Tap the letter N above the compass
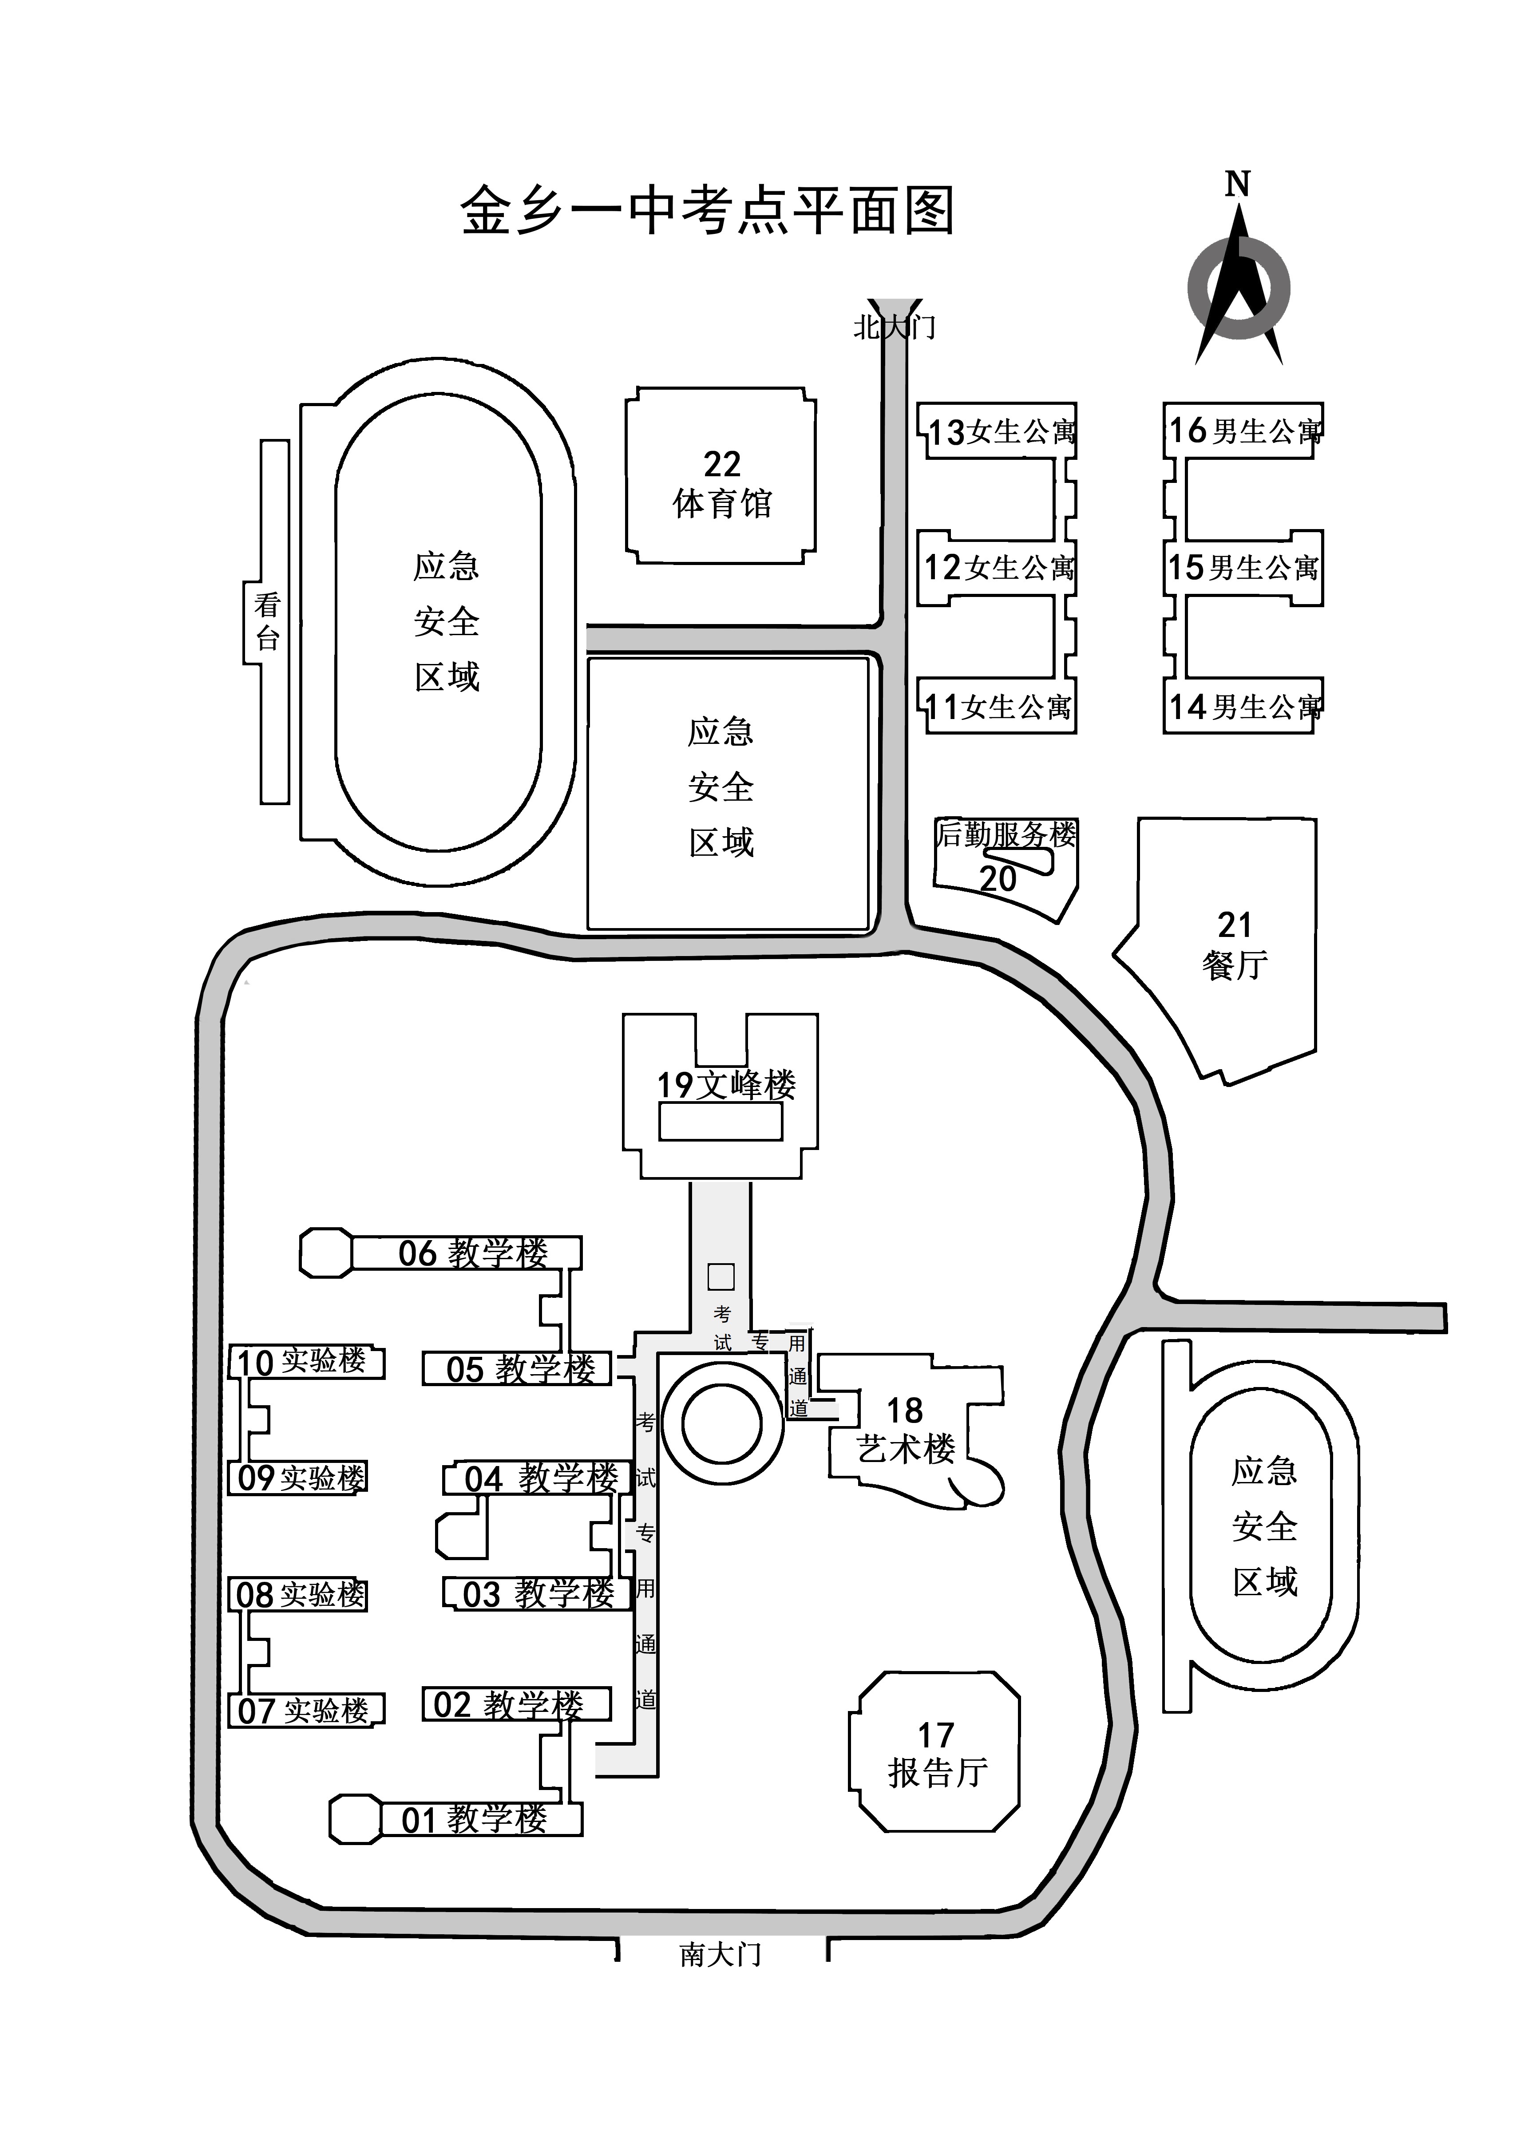pos(1238,184)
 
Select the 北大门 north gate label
pos(894,327)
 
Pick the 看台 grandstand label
pos(267,621)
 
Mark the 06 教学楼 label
pos(472,1253)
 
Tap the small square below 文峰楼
pos(721,1277)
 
